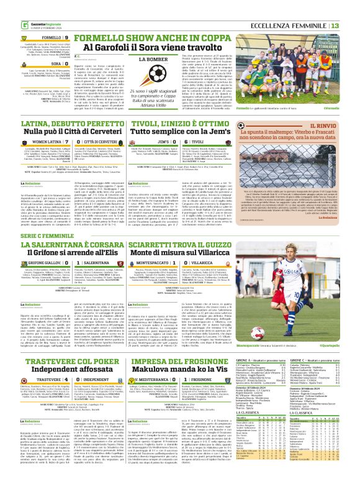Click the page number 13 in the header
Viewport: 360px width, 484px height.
[351, 7]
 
